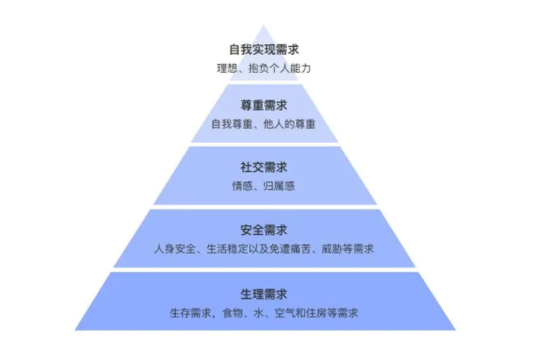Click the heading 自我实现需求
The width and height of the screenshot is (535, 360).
[x=264, y=50]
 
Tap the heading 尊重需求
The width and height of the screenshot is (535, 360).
[x=264, y=106]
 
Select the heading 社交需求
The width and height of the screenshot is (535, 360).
[x=264, y=168]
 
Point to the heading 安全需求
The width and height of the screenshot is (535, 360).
[x=264, y=231]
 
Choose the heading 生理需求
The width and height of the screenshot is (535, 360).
[x=264, y=294]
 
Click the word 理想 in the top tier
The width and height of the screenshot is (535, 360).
[x=227, y=68]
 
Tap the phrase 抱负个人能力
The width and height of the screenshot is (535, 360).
[x=279, y=68]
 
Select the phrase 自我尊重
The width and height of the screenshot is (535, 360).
[x=232, y=124]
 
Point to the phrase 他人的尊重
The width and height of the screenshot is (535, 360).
[x=289, y=124]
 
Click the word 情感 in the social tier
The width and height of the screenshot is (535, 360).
[x=242, y=186]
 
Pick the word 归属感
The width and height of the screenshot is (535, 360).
[x=279, y=186]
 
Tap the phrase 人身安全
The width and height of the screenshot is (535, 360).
[x=175, y=249]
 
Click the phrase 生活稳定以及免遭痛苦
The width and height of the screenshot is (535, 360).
[x=258, y=249]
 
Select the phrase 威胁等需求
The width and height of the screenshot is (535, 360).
[x=348, y=249]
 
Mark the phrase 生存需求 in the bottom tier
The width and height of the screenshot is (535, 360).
[x=191, y=313]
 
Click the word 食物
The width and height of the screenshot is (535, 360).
[x=232, y=313]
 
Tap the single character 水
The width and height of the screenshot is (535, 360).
[x=259, y=313]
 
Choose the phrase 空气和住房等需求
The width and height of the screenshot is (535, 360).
[x=316, y=313]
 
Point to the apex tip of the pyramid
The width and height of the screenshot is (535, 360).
[x=264, y=25]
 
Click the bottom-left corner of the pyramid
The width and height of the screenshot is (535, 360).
[x=75, y=330]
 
